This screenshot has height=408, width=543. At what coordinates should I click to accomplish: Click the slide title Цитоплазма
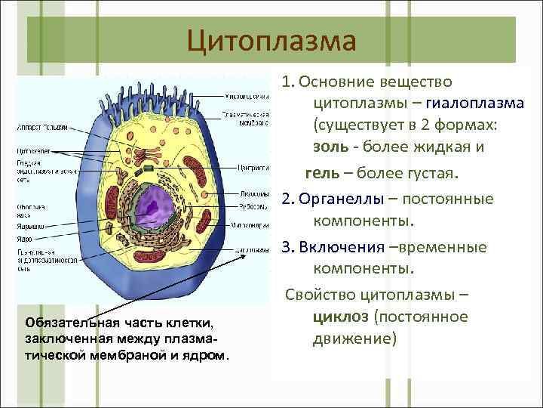[271, 39]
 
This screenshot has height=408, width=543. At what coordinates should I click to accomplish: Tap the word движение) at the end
[354, 338]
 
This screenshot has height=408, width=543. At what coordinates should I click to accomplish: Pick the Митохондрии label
[251, 224]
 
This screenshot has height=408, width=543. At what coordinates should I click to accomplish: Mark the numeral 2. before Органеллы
[287, 199]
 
